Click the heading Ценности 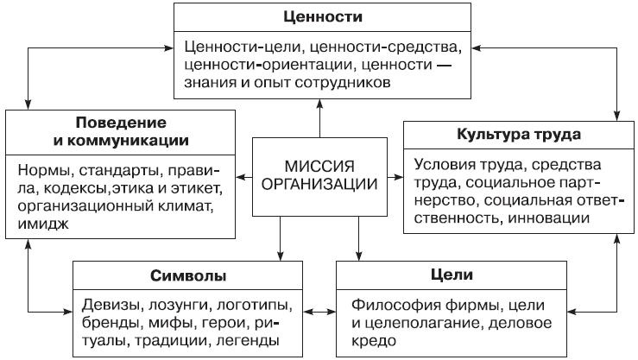pos(321,16)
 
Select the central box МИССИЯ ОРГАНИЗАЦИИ pos(319,174)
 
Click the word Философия pos(394,306)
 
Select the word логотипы pos(258,306)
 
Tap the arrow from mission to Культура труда pos(395,178)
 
